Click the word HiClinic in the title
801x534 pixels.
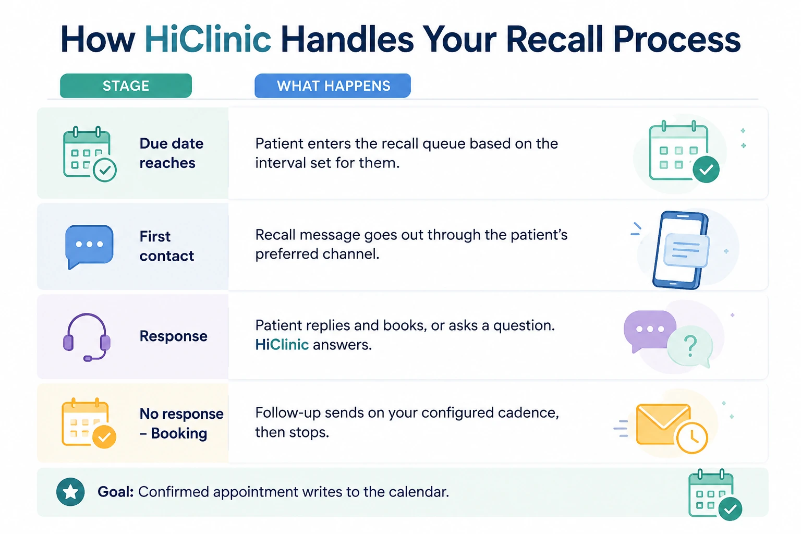click(x=208, y=39)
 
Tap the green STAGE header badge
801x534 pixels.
click(x=126, y=86)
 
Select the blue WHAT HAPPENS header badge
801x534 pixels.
click(x=333, y=86)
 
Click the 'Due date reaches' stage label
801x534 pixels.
click(x=171, y=153)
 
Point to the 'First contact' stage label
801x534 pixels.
click(x=167, y=246)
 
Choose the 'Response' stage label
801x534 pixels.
click(x=173, y=336)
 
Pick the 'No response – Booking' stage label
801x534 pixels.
click(x=181, y=423)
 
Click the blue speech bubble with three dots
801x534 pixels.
click(x=89, y=246)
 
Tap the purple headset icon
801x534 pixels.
click(x=87, y=337)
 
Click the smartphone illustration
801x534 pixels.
click(x=681, y=250)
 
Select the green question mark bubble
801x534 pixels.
click(x=690, y=346)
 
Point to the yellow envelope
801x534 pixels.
click(x=663, y=424)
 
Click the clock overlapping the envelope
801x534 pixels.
click(x=692, y=438)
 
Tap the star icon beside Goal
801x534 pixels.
click(x=70, y=492)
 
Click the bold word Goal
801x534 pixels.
click(x=115, y=492)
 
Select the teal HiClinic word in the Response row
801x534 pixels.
click(x=282, y=345)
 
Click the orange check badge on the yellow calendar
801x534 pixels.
click(x=104, y=436)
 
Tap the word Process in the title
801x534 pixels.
click(x=676, y=39)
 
